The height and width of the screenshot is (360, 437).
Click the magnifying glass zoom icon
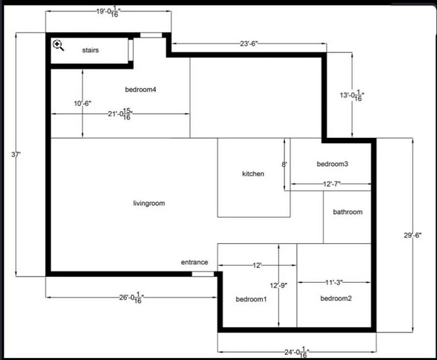click(58, 45)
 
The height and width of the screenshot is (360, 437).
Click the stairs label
click(91, 50)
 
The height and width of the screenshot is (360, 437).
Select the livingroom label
click(149, 203)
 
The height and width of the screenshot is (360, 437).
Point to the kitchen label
click(253, 174)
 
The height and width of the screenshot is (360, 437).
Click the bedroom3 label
click(332, 164)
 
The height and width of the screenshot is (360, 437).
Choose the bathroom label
click(348, 212)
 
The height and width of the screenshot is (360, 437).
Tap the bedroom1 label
click(251, 299)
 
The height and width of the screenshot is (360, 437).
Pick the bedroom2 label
click(335, 298)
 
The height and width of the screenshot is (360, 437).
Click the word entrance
click(194, 262)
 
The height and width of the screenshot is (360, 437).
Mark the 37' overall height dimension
click(17, 154)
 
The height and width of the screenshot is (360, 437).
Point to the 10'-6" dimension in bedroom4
click(83, 103)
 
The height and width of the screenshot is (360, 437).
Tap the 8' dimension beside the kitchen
click(284, 164)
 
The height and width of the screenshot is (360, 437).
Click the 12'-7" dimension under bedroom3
click(332, 183)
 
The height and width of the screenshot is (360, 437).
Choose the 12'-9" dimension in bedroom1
click(278, 285)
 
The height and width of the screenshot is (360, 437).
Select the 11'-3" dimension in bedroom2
click(334, 282)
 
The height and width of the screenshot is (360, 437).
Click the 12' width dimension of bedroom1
click(257, 266)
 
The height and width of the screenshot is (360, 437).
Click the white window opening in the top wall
click(151, 35)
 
